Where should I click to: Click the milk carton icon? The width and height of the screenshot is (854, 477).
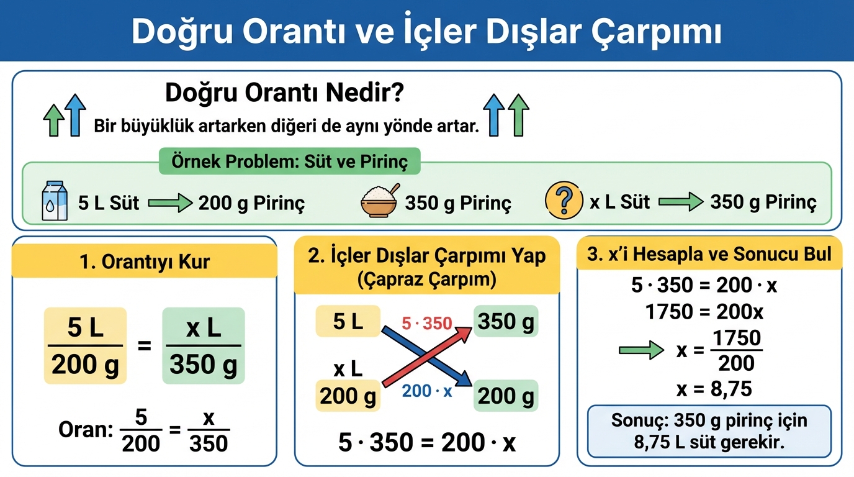tap(55, 201)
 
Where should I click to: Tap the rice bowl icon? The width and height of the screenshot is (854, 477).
tap(380, 201)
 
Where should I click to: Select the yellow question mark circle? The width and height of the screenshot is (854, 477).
tap(564, 200)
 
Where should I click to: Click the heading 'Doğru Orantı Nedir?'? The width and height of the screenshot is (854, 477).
tap(284, 93)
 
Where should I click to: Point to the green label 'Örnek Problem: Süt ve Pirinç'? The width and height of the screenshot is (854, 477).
tap(290, 161)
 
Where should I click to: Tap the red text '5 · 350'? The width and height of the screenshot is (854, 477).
tap(426, 324)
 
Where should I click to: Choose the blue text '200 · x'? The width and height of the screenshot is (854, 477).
tap(427, 391)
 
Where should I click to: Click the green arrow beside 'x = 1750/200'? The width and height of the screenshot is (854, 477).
tap(641, 350)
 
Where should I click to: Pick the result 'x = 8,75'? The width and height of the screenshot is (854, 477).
tap(714, 389)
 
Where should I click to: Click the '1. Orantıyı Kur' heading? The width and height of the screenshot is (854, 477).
tap(145, 261)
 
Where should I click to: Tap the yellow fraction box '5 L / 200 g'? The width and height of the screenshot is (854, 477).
tap(85, 346)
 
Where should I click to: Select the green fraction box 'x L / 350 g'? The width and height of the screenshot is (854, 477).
tap(203, 346)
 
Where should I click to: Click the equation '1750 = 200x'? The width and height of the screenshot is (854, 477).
tap(704, 312)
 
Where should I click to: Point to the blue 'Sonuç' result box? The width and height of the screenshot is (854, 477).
tap(709, 431)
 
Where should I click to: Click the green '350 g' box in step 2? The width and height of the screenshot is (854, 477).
tap(506, 321)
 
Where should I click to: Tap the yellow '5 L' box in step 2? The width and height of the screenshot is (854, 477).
tap(348, 321)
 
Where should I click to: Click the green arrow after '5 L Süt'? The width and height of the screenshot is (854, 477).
tap(171, 202)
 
